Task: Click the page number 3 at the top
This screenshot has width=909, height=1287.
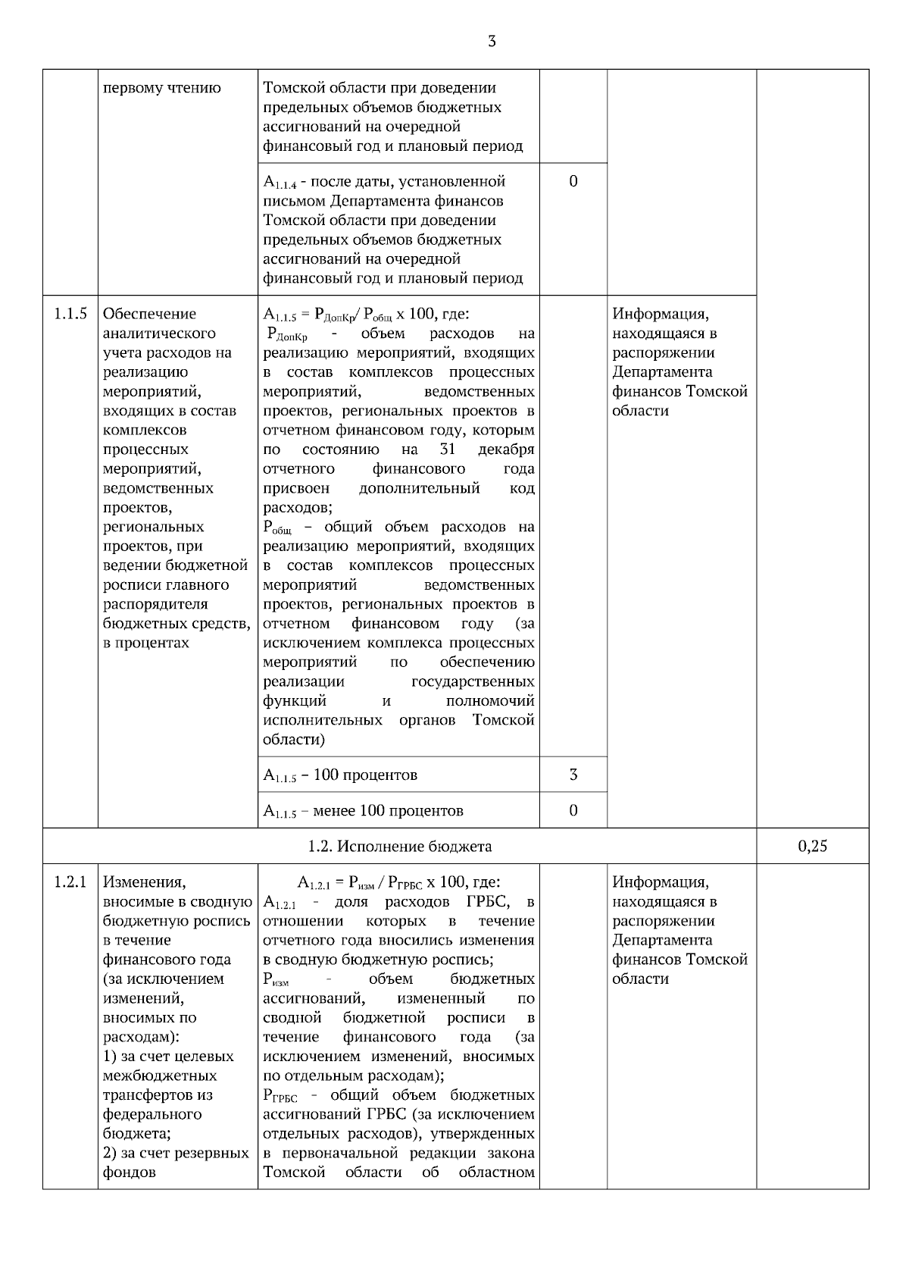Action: (x=492, y=42)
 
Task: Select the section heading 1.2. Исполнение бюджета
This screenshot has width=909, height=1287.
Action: (x=399, y=847)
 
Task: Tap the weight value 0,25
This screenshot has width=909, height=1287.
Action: (x=812, y=847)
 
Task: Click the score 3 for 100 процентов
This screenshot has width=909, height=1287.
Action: (x=573, y=775)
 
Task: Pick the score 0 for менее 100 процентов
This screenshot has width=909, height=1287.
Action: (x=573, y=810)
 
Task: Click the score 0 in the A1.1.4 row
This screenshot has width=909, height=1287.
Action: (x=573, y=181)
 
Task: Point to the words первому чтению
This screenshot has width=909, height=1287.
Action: (x=162, y=88)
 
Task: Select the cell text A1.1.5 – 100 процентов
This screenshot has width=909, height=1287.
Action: (x=340, y=775)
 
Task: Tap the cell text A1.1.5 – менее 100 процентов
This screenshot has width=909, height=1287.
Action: (x=363, y=811)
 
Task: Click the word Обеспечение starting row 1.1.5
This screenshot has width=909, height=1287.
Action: (x=149, y=314)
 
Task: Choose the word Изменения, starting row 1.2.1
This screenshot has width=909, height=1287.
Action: (x=144, y=882)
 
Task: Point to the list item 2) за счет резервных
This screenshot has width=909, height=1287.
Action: (x=176, y=1153)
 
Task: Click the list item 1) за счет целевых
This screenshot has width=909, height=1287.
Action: (x=168, y=1056)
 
